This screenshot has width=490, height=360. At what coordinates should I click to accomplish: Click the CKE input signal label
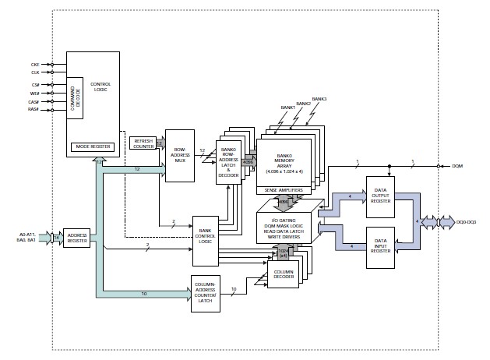(x=36, y=65)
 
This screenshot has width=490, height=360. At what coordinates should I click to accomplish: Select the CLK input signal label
(x=36, y=72)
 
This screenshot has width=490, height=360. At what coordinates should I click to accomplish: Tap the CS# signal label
(x=36, y=84)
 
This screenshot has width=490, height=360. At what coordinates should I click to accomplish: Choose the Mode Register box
(x=92, y=146)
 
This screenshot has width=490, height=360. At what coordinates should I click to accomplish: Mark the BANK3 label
(x=321, y=99)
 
